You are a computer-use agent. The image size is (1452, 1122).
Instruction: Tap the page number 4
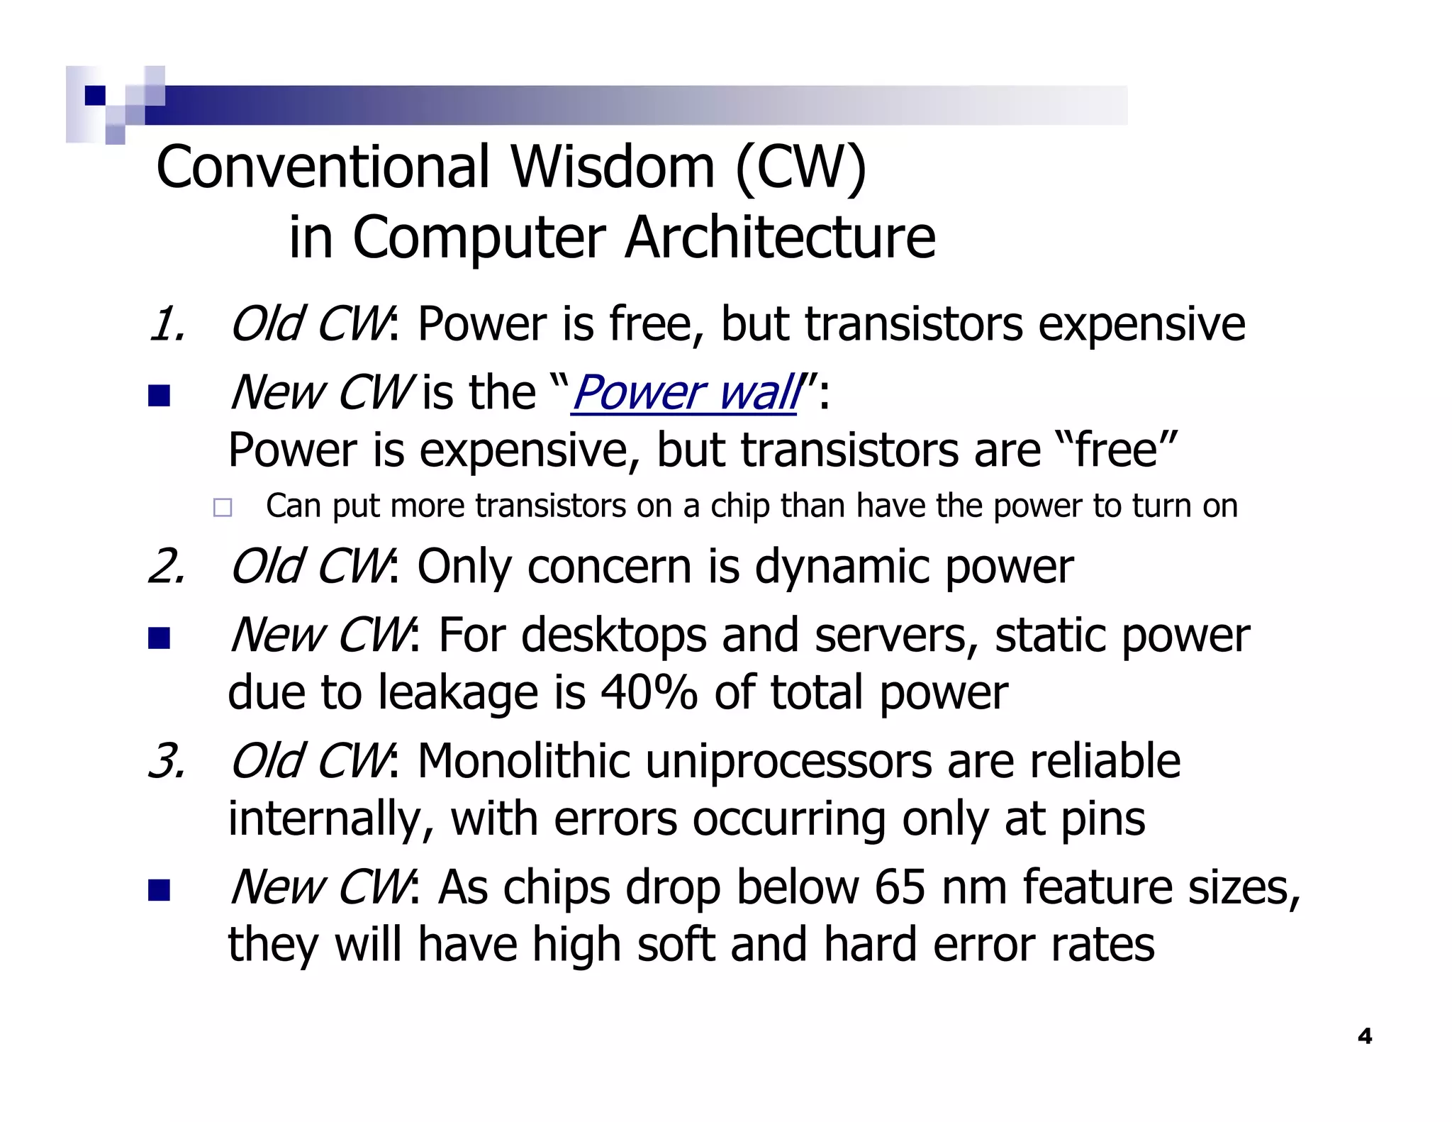click(x=1364, y=1036)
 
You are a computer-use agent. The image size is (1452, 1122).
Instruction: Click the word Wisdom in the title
click(x=613, y=167)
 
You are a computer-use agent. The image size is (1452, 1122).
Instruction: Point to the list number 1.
click(x=167, y=325)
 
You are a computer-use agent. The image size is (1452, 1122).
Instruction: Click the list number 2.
click(x=167, y=567)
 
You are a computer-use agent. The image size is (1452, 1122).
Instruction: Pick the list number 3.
click(x=167, y=762)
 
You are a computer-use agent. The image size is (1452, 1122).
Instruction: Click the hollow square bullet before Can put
click(x=223, y=507)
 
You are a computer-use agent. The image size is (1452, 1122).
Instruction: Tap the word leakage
click(x=458, y=694)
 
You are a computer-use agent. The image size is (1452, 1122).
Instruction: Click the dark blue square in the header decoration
click(x=94, y=95)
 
